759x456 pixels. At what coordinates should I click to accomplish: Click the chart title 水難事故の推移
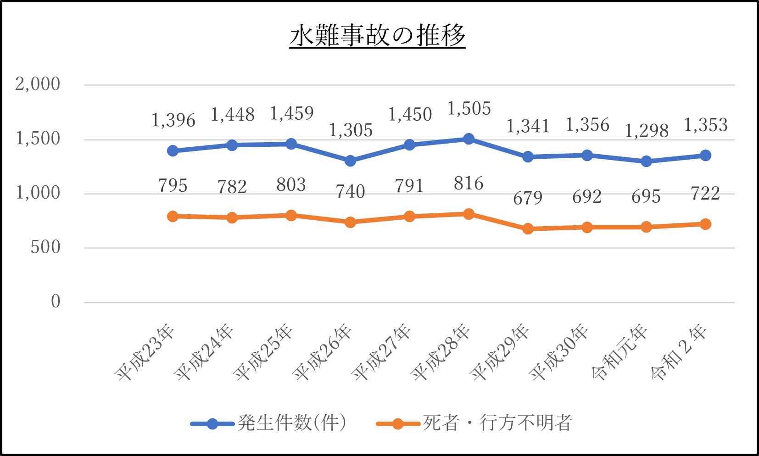click(377, 36)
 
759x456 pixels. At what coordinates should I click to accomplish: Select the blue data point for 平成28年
click(469, 139)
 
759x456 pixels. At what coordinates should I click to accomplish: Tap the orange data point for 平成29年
click(528, 228)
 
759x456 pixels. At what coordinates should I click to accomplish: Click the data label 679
click(528, 198)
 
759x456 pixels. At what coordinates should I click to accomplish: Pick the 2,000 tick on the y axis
click(38, 84)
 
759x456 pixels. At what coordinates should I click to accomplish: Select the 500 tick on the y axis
click(45, 248)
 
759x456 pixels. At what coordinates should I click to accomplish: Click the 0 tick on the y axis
click(55, 302)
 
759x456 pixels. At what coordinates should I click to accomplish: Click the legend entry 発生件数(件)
click(291, 423)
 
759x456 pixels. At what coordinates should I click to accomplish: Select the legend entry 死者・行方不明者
click(497, 423)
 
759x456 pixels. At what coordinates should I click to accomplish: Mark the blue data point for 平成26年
click(350, 161)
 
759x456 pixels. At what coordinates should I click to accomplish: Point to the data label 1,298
click(646, 131)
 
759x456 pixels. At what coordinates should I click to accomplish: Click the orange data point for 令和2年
click(705, 224)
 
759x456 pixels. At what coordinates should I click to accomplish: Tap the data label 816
click(469, 184)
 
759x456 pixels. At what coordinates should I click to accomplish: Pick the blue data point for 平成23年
click(173, 151)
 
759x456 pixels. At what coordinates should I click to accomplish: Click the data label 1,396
click(173, 121)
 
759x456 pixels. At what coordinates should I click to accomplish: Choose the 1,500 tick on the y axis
click(38, 139)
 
